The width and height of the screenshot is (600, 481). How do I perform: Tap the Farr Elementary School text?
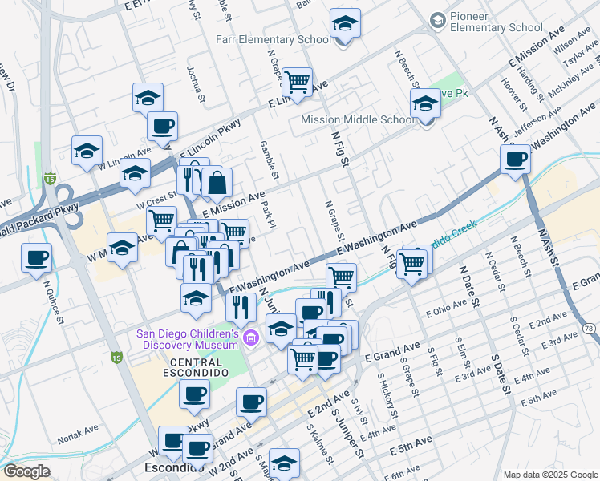click(x=273, y=39)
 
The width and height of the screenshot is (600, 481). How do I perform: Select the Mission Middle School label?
click(x=358, y=119)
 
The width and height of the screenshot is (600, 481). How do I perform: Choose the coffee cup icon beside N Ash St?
click(x=516, y=159)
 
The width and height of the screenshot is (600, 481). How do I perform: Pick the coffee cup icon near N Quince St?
click(x=37, y=258)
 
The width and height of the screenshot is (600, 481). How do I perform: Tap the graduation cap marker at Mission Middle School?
click(x=425, y=103)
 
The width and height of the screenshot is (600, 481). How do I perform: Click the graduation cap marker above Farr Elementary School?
click(x=346, y=23)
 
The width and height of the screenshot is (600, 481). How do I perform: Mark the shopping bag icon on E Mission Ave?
click(x=217, y=182)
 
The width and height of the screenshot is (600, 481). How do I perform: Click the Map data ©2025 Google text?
click(x=549, y=475)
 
